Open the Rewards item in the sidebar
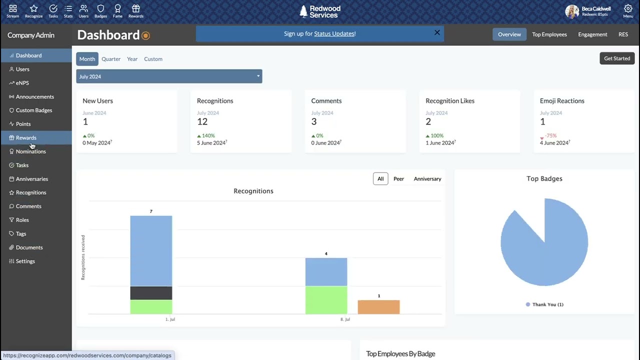point(26,137)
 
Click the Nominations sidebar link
point(30,151)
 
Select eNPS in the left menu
point(22,83)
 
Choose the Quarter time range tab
point(111,59)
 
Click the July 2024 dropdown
point(169,76)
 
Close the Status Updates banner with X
point(437,32)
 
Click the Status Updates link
point(334,34)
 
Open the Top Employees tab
point(549,34)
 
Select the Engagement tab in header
point(592,34)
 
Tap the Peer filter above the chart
point(398,179)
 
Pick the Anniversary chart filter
point(427,179)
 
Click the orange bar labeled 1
point(378,307)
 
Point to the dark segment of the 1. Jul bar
point(151,293)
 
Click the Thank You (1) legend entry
point(544,304)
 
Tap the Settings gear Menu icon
point(628,11)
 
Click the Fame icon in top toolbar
point(117,11)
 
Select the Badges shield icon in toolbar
point(100,11)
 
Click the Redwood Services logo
point(320,11)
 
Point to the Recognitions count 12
point(202,121)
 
